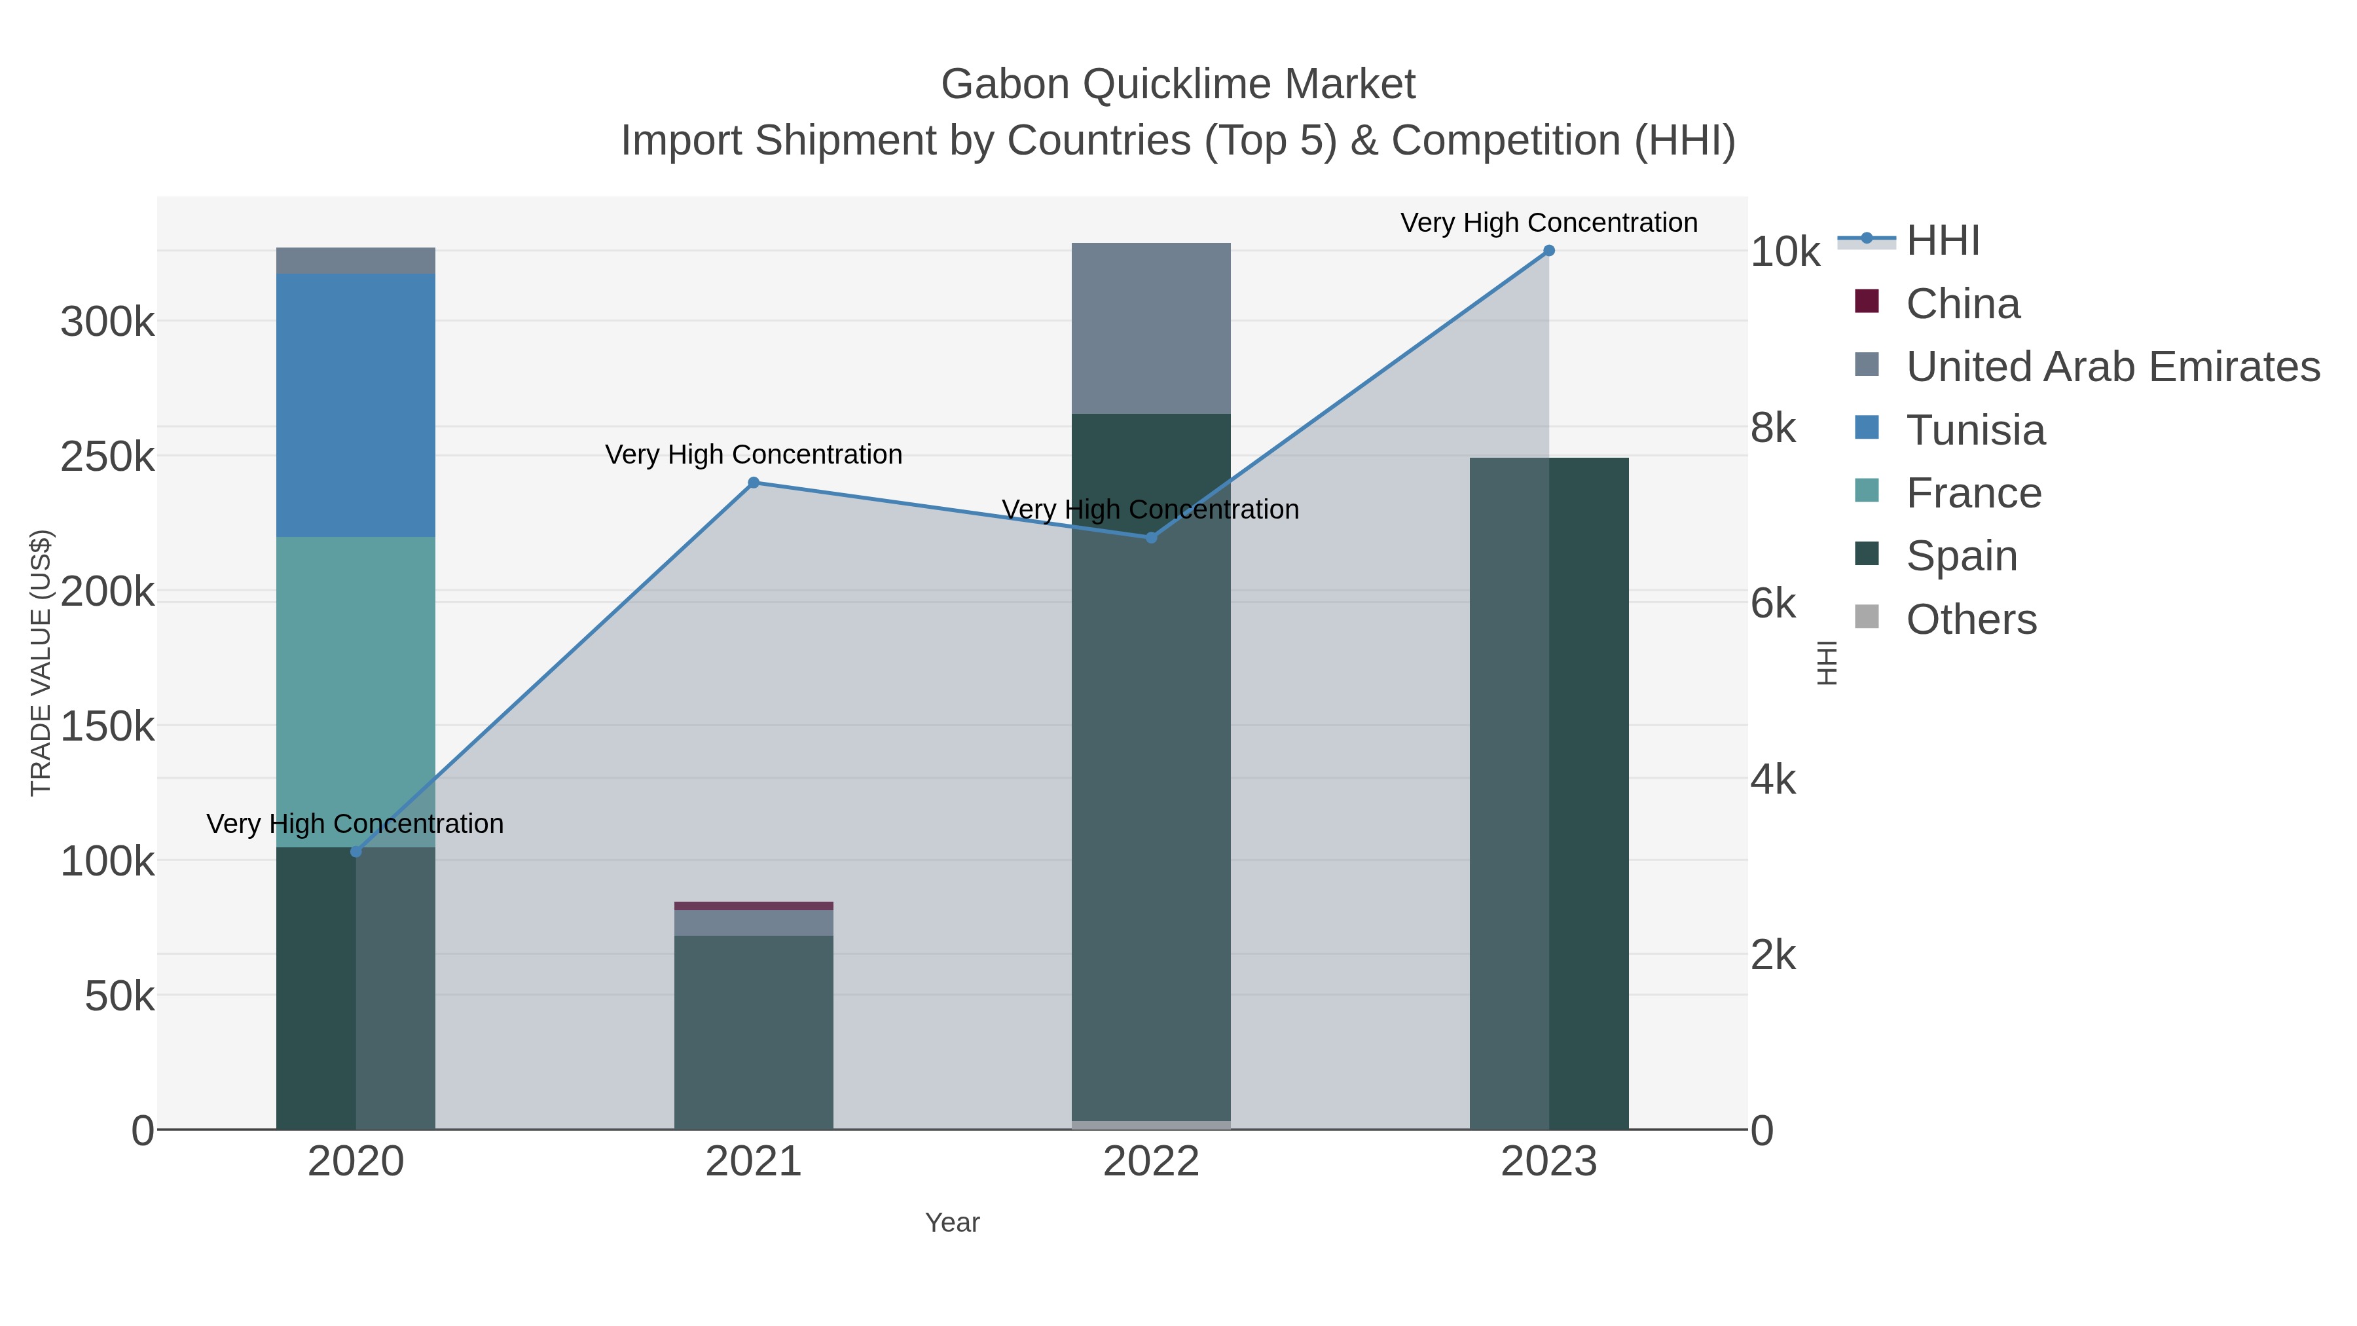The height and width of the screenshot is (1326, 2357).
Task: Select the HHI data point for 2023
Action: (1548, 251)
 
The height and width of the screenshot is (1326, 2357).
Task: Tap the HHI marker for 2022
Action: (1151, 537)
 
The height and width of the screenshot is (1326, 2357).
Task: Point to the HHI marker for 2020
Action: (356, 852)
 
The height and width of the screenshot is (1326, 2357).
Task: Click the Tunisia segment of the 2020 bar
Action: (356, 405)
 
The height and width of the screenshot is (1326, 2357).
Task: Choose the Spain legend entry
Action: (1961, 555)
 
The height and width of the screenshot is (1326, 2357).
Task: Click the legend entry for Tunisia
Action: (1975, 429)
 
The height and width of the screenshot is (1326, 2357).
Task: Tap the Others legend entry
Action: (1971, 619)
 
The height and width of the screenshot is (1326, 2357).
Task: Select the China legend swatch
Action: (1867, 302)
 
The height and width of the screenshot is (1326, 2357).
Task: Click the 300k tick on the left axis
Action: (107, 322)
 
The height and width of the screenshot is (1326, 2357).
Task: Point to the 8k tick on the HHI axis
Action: (1773, 428)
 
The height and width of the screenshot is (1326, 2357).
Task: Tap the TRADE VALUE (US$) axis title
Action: (41, 663)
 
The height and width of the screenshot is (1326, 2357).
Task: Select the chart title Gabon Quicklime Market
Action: (1178, 84)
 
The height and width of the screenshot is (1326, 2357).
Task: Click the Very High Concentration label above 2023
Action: (1548, 223)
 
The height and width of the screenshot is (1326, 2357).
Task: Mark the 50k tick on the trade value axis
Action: (119, 995)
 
